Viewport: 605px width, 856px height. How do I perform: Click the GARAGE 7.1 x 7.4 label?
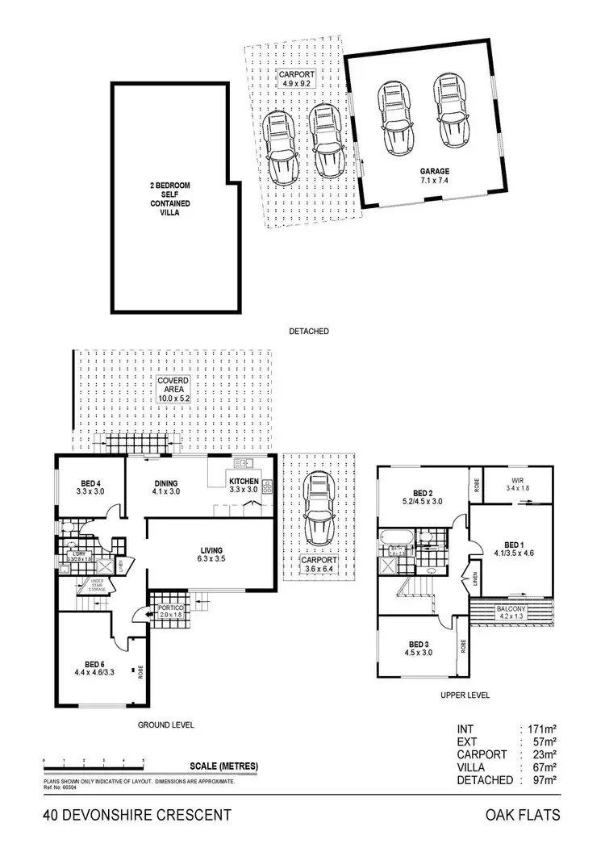tap(433, 176)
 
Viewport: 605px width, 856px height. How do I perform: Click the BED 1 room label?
tap(513, 548)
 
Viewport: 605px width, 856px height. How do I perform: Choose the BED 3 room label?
tap(419, 649)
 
